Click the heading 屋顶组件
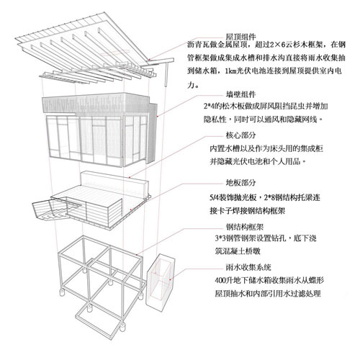coord(240,37)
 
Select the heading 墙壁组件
coord(240,94)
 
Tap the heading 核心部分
coord(240,135)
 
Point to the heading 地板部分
coord(240,183)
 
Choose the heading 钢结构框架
coord(245,227)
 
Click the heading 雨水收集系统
coord(248,267)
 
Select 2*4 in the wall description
coord(208,107)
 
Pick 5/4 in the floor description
coord(215,197)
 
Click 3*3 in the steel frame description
coord(220,238)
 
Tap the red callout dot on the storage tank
coord(170,279)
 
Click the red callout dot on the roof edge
coord(149,60)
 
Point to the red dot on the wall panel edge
coord(158,117)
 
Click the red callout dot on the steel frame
coord(136,254)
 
